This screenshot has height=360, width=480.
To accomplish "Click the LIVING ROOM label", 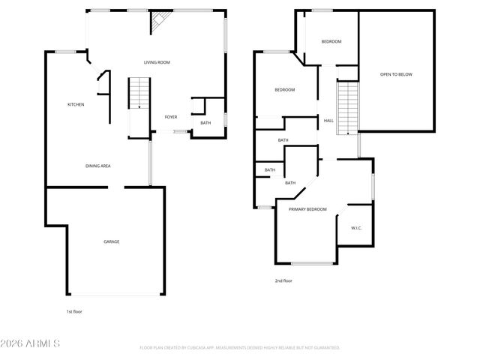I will click(157, 62).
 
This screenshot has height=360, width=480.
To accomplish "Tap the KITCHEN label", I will click(76, 104).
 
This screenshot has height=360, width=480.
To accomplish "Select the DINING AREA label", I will click(98, 165).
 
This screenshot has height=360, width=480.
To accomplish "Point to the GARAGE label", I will click(111, 241).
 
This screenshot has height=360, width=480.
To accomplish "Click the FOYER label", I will click(171, 117).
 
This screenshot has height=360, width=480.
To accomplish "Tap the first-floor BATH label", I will click(205, 122).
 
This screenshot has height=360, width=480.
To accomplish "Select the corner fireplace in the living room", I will click(159, 23).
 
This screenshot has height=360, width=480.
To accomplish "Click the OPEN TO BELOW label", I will click(396, 74).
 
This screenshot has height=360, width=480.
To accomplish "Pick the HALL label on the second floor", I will click(328, 120).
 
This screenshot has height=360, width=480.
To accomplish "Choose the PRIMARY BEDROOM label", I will click(307, 209).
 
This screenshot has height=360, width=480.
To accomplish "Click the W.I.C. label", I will click(356, 227).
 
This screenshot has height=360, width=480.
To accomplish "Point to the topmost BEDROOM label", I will click(331, 41).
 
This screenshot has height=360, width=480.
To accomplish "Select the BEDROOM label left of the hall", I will click(284, 90).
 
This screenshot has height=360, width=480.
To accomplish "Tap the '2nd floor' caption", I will click(283, 280).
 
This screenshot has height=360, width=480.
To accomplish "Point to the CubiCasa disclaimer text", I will click(240, 348).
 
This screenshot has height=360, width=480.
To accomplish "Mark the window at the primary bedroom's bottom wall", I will click(313, 263).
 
